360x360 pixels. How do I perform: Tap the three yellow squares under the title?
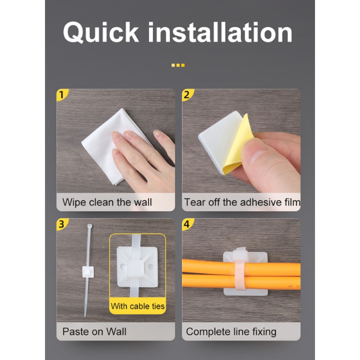178,65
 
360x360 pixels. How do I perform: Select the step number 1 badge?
62,95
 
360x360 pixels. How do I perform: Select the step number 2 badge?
187,95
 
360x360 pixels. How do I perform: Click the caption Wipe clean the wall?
107,202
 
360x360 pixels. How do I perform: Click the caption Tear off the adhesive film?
242,202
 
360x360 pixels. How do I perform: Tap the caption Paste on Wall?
94,332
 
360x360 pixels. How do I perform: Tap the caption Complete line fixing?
231,332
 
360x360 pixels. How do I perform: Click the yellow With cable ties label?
137,306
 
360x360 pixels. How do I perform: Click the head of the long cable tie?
89,226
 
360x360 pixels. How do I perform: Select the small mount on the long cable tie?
88,271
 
